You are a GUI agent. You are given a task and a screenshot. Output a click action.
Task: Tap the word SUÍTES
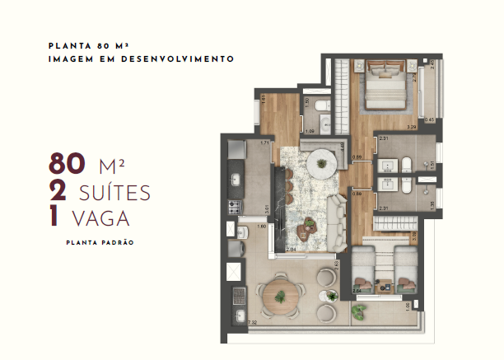tap(115, 193)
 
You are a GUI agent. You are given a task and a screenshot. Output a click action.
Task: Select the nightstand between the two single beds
tap(385, 280)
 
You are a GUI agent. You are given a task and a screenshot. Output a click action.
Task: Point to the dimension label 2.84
tap(291, 248)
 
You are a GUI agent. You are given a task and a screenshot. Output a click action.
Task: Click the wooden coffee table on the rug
tap(310, 224)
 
